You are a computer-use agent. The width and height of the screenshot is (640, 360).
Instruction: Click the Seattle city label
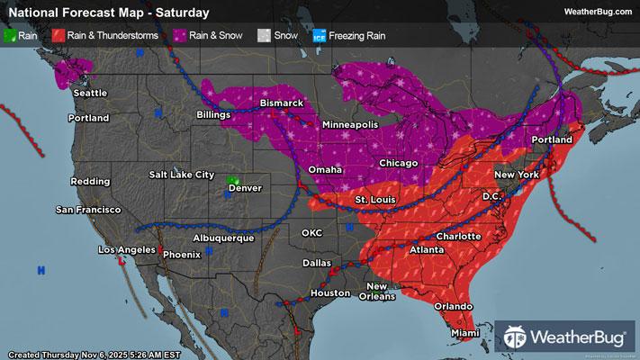click(90, 93)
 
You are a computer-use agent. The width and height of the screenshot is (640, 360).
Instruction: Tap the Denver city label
click(245, 188)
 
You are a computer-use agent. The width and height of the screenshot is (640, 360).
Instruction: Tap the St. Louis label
click(373, 199)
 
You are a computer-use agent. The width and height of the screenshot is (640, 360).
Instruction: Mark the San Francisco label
click(88, 209)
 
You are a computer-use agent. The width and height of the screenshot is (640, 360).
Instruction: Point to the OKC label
click(311, 232)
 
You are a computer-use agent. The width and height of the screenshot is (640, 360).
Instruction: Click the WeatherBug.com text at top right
click(597, 12)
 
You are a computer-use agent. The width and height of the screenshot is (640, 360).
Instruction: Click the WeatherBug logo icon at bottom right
click(517, 337)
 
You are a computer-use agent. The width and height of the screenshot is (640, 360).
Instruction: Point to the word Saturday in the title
click(181, 13)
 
